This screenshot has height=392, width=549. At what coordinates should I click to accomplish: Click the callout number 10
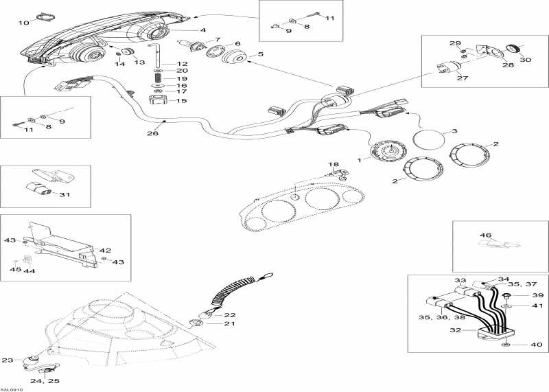(23, 23)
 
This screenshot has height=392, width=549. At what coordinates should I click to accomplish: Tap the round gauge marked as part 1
(386, 151)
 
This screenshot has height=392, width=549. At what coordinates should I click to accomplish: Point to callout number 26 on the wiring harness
(152, 133)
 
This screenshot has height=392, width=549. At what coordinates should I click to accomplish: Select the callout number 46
(485, 235)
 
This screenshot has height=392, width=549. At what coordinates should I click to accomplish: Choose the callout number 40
(535, 345)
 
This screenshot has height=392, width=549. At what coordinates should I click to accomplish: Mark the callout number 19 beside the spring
(182, 79)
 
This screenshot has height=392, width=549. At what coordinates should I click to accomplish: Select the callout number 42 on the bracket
(106, 251)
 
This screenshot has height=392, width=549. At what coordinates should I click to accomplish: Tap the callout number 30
(525, 59)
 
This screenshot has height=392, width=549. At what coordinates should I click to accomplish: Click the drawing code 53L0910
(12, 388)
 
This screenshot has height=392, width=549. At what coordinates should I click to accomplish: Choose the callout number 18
(334, 165)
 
